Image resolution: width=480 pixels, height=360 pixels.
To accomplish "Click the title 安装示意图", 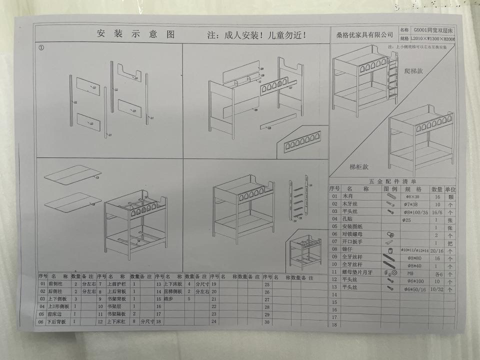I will [x=135, y=34].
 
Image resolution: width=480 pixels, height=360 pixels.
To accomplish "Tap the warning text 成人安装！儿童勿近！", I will [x=256, y=35].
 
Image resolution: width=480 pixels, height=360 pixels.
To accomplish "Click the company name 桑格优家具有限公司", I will [x=364, y=35].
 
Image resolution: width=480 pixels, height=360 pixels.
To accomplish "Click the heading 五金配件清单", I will [x=392, y=181].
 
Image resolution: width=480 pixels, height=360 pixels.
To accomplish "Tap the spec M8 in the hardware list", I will [x=413, y=273].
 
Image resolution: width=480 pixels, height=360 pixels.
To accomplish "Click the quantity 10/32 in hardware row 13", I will [x=436, y=288].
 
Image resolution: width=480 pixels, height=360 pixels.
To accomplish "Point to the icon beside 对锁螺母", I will [x=389, y=234].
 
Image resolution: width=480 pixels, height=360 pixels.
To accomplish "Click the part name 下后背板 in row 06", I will [x=56, y=322].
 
